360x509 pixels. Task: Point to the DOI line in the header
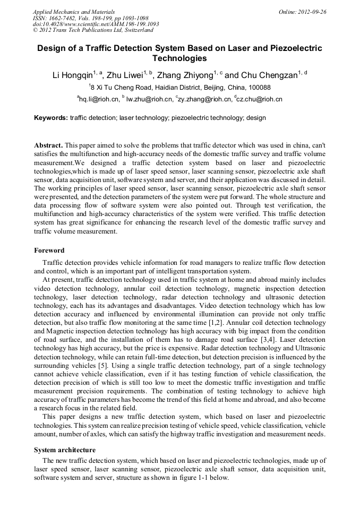click(96, 24)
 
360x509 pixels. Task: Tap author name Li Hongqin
click(72, 75)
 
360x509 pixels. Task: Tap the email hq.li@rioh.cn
click(98, 99)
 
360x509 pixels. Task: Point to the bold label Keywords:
click(51, 118)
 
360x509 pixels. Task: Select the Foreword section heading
click(49, 251)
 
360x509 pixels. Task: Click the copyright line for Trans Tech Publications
click(93, 30)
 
